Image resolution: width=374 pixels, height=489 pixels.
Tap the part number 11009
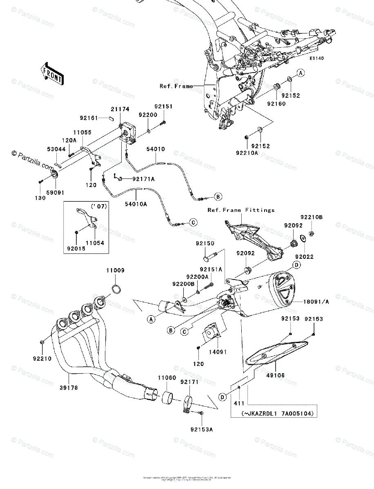(116, 271)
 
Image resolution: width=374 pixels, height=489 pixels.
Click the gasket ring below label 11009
(116, 289)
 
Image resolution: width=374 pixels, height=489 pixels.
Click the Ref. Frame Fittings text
(241, 210)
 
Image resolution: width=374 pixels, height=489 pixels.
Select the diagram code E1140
(316, 59)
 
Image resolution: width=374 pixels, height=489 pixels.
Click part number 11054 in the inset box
(95, 243)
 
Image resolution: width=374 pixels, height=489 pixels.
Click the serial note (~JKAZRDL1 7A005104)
(273, 413)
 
